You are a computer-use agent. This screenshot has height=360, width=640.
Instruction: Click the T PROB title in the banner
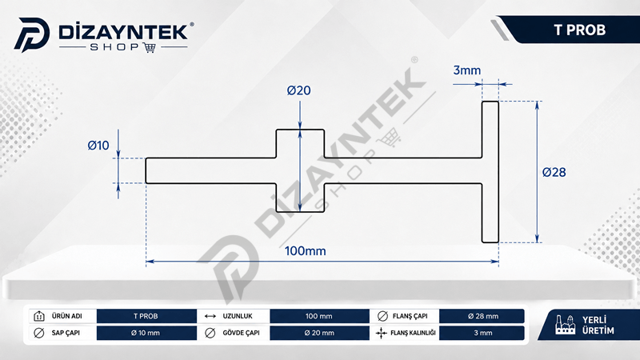pyautogui.click(x=579, y=30)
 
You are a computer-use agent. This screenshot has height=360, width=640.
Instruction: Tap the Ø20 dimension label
pyautogui.click(x=298, y=90)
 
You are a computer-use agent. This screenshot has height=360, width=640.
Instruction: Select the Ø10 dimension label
pyautogui.click(x=98, y=146)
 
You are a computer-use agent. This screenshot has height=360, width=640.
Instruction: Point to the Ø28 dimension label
pyautogui.click(x=554, y=172)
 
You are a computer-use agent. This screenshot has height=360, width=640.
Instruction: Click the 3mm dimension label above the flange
pyautogui.click(x=467, y=70)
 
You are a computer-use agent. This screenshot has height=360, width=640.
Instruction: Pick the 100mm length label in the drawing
pyautogui.click(x=306, y=250)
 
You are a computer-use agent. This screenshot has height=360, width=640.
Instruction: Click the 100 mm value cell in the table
pyautogui.click(x=319, y=316)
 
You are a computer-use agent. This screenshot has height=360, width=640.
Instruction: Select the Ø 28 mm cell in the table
pyautogui.click(x=482, y=316)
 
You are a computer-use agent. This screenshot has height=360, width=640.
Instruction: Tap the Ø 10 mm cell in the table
pyautogui.click(x=146, y=333)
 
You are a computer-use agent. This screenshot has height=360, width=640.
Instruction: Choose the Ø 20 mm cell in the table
pyautogui.click(x=319, y=333)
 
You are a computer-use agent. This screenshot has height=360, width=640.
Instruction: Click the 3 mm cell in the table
pyautogui.click(x=482, y=333)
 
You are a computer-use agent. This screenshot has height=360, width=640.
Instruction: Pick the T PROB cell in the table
pyautogui.click(x=146, y=316)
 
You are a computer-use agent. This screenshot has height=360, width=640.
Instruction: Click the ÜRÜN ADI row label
pyautogui.click(x=67, y=316)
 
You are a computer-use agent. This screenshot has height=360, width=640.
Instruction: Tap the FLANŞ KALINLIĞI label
pyautogui.click(x=413, y=333)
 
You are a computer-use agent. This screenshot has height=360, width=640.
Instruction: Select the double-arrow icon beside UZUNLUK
pyautogui.click(x=210, y=316)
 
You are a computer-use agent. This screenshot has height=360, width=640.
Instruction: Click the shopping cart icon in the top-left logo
pyautogui.click(x=150, y=48)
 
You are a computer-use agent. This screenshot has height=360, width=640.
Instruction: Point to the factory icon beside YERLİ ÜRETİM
pyautogui.click(x=566, y=325)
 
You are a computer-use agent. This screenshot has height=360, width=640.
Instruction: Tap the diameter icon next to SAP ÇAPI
pyautogui.click(x=38, y=333)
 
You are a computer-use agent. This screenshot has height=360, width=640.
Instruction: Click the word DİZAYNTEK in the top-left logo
pyautogui.click(x=123, y=32)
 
